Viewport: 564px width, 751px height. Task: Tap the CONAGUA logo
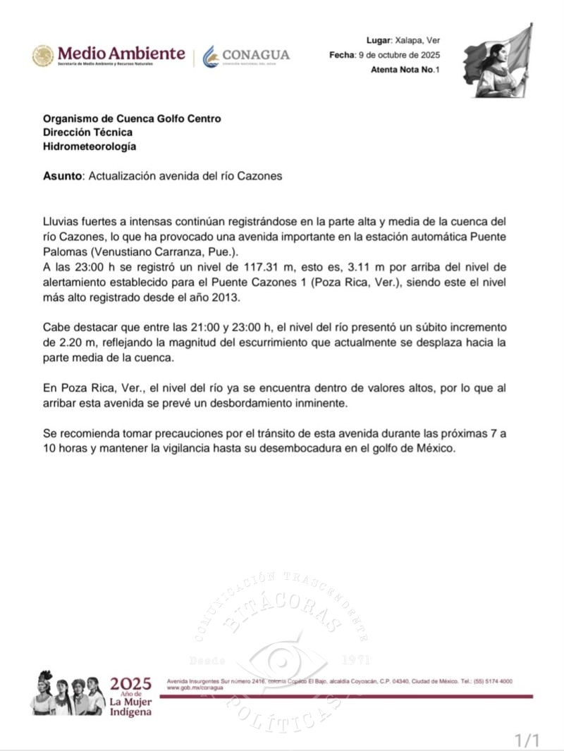tap(246, 55)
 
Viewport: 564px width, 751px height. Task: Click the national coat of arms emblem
tap(42, 56)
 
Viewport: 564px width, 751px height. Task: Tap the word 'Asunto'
tap(62, 175)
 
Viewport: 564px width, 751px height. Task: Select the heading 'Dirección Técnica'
tap(87, 132)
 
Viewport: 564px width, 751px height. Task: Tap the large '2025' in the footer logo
tap(130, 684)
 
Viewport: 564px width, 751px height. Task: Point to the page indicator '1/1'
tap(527, 740)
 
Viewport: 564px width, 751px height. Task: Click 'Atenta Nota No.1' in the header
tap(405, 69)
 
